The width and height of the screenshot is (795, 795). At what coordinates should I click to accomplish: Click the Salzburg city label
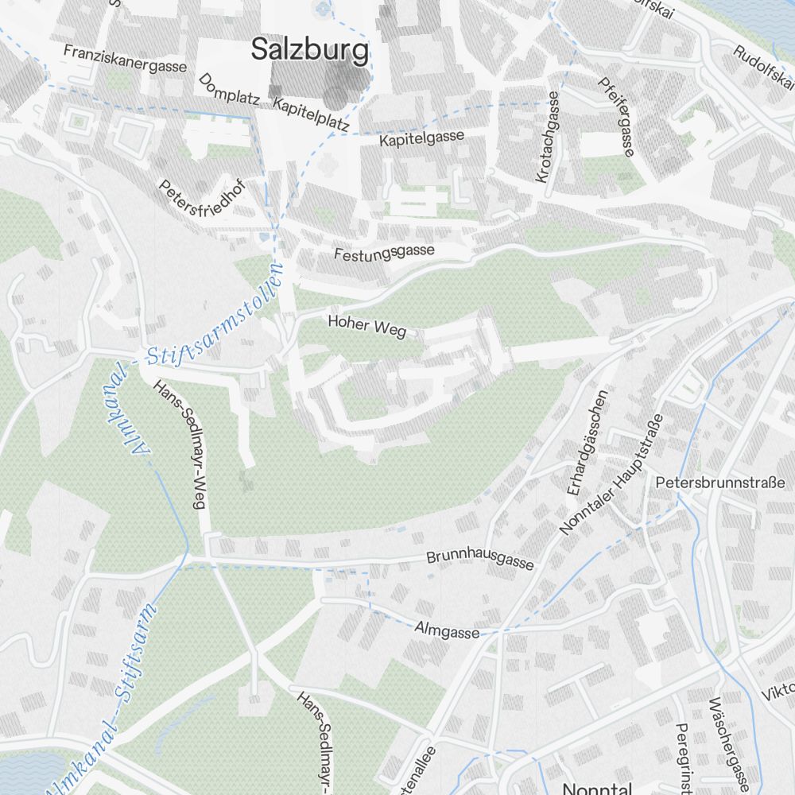coord(310,50)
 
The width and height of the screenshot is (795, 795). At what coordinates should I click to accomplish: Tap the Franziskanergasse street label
coord(125,58)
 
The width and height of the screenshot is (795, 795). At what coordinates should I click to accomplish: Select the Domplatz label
coord(231,91)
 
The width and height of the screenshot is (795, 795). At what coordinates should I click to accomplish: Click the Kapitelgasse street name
coord(421,138)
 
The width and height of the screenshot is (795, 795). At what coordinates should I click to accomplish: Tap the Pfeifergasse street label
coord(616,116)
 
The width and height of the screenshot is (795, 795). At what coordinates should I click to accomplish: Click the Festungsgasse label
coord(384,253)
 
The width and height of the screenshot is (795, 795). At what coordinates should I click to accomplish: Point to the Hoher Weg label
coord(366,326)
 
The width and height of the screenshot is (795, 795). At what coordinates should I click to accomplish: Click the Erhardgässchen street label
coord(588,442)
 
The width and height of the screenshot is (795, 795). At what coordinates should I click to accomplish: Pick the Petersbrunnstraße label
coord(725,483)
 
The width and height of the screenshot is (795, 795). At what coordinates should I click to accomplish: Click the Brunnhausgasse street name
coord(479,560)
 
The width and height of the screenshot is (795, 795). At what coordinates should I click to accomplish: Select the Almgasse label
coord(447,630)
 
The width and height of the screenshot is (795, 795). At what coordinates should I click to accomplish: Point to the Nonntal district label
coord(596,789)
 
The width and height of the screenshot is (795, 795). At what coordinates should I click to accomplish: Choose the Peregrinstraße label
coord(684,759)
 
